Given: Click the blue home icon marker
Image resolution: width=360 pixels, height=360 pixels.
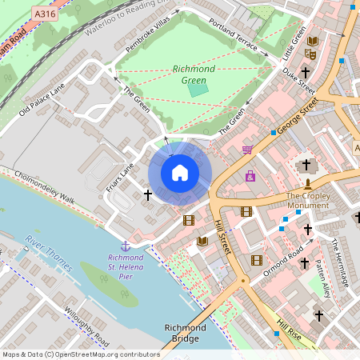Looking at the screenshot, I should pos(180,173).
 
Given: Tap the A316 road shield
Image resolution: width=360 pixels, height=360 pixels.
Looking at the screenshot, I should pos(46,14).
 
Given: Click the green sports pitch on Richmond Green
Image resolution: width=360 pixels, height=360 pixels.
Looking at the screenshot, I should pos(197,89).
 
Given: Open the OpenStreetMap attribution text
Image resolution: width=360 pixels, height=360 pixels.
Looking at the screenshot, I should pos(81,354).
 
